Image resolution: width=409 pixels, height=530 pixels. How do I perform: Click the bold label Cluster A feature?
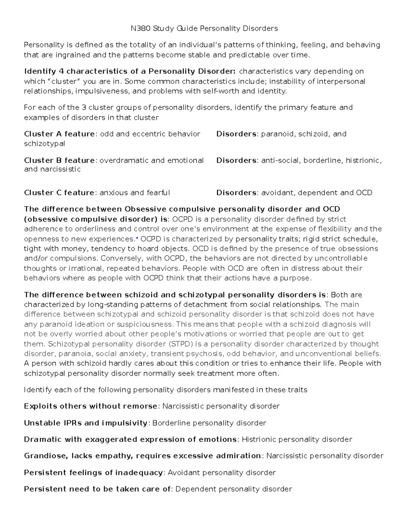(x=59, y=134)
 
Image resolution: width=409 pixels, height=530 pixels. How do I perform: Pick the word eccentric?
(x=146, y=134)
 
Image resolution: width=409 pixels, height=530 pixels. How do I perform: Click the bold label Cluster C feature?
(x=59, y=193)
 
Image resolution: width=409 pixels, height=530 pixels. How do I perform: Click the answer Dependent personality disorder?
(x=233, y=489)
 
